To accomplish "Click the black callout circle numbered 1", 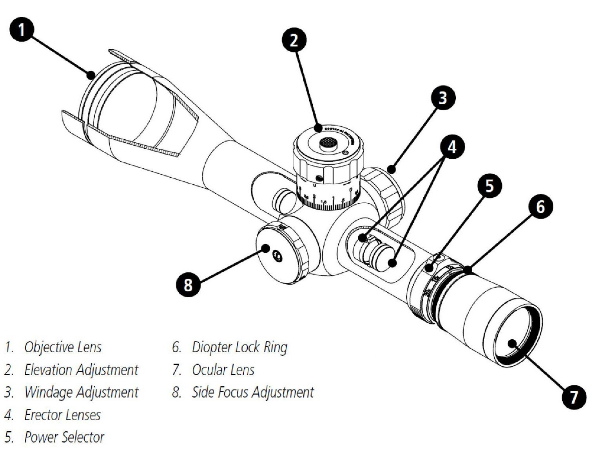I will click(22, 30).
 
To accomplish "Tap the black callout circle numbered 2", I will click(294, 40).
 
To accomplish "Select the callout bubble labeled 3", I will click(443, 97).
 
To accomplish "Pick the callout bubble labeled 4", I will click(452, 147).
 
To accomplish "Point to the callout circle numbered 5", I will click(489, 185).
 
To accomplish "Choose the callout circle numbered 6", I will click(540, 206).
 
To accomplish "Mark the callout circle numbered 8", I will click(188, 284).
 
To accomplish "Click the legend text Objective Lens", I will click(63, 347).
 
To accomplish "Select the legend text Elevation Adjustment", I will click(81, 370).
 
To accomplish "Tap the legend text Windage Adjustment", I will click(81, 392).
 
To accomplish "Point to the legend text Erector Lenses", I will click(62, 415).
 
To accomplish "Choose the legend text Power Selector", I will click(64, 437).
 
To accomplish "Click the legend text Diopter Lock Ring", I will click(239, 347).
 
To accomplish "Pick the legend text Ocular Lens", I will click(223, 370).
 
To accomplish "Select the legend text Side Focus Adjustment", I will click(253, 392).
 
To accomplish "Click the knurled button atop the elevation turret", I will click(328, 143).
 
